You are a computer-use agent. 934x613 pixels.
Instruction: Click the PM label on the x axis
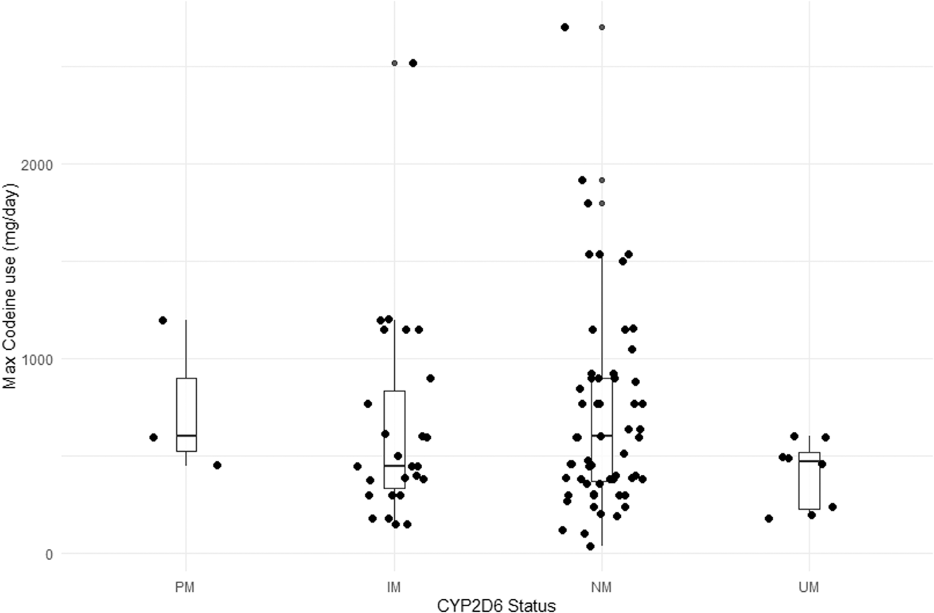pos(186,587)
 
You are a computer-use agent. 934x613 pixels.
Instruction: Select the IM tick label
pos(394,587)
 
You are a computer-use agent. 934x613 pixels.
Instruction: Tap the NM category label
pos(601,587)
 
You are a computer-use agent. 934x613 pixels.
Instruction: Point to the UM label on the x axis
pos(809,587)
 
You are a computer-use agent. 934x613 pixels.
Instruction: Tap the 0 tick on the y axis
pos(49,554)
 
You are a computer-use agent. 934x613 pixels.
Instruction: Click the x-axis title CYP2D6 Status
pos(496,605)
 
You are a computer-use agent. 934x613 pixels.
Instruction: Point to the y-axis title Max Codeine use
pos(10,286)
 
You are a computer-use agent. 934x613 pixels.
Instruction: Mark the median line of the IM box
pos(394,466)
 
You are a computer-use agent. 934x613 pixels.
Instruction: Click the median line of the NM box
pos(601,436)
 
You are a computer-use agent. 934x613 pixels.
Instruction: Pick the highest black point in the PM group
pos(163,321)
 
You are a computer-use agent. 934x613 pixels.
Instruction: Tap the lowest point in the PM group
pos(217,465)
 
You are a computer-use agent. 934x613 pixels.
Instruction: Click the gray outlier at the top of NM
pos(602,27)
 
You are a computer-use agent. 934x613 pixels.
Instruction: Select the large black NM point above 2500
pos(565,27)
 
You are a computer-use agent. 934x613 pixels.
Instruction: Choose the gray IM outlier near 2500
pos(394,63)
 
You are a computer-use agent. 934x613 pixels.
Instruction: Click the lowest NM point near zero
pos(590,546)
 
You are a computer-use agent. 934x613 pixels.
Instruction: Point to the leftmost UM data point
pos(769,518)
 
